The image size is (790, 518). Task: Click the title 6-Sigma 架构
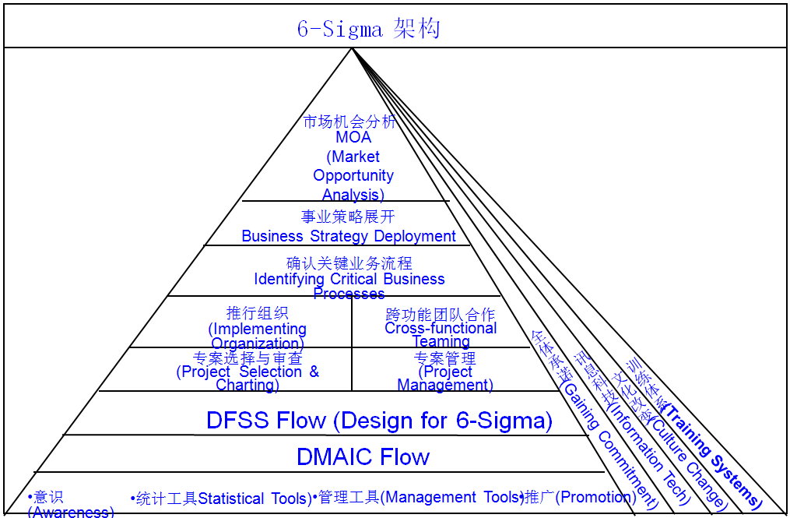pos(368,30)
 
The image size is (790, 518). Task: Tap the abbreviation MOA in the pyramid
pos(353,138)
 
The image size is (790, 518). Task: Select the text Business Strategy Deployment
pos(349,236)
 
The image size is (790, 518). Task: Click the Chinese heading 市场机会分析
pos(349,122)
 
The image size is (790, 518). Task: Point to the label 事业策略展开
pos(348,217)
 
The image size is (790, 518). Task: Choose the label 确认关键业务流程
pos(349,263)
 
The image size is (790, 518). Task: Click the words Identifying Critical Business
pos(349,279)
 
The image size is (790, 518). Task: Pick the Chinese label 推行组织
pos(258,313)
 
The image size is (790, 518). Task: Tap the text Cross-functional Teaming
pos(441,335)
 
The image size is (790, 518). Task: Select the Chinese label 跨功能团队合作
pos(441,315)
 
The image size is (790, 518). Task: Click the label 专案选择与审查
pos(248,359)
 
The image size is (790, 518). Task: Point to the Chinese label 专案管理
pos(445,359)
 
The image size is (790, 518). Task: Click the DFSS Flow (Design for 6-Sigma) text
pos(379,421)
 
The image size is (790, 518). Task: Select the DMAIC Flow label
pos(363,456)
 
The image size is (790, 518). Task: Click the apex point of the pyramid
pos(353,48)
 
